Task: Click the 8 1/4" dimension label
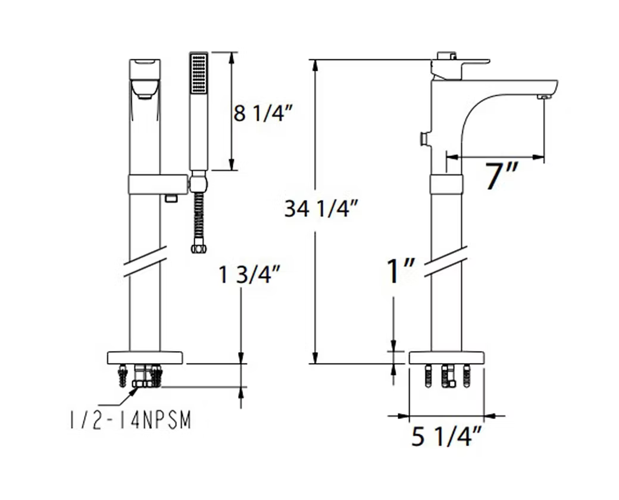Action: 262,114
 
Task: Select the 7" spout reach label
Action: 501,176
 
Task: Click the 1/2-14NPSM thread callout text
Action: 130,420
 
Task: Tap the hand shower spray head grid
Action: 199,73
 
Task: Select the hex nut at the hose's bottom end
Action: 199,249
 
